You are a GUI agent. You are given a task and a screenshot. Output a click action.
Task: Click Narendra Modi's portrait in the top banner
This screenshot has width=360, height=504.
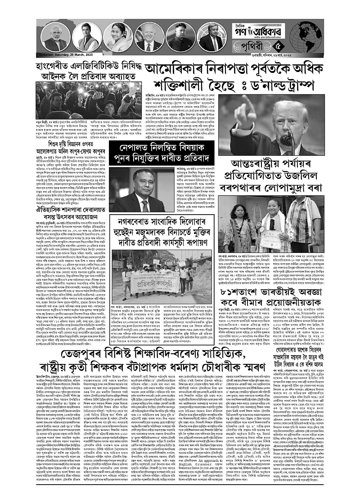click(x=55, y=38)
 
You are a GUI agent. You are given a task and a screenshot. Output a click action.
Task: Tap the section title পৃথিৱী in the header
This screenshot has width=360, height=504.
click(x=293, y=45)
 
